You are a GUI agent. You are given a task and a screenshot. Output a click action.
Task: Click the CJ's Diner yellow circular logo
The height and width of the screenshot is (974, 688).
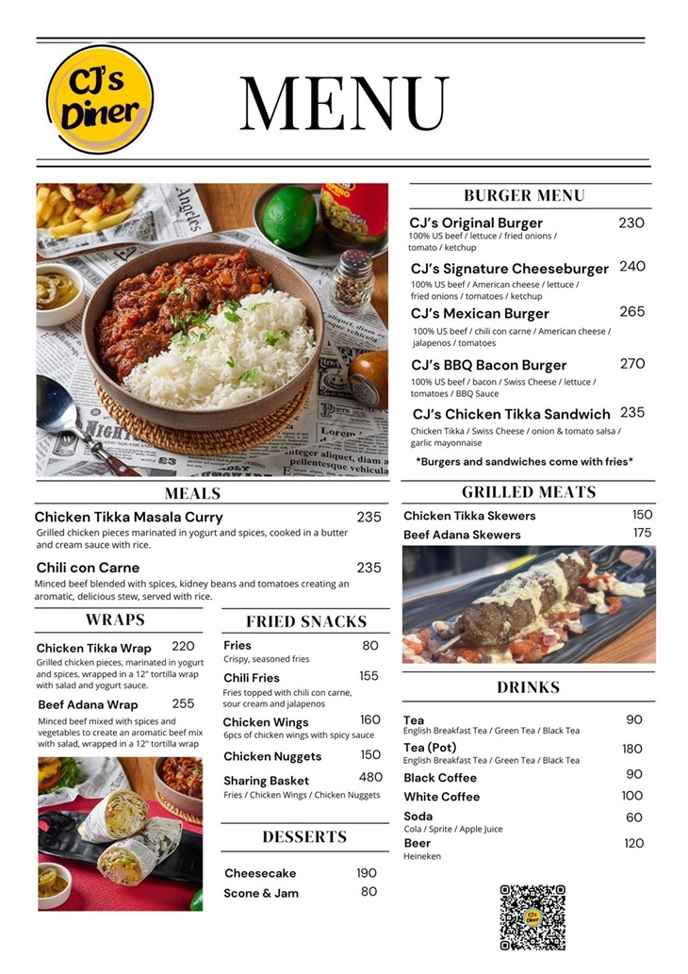[99, 100]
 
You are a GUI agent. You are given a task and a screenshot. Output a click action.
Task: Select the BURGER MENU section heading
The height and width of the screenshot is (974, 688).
[524, 195]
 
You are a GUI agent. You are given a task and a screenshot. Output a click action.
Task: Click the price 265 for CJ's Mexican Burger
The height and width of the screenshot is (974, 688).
[632, 312]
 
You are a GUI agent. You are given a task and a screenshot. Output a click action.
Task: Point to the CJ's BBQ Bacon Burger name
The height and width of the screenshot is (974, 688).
[488, 365]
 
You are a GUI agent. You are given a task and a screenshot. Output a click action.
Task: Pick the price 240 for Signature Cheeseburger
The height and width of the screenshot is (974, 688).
[632, 267]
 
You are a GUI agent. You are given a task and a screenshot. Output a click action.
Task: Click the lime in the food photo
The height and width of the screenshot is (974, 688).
[289, 216]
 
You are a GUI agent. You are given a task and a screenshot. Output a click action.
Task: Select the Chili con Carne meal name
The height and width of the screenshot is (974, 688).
[88, 568]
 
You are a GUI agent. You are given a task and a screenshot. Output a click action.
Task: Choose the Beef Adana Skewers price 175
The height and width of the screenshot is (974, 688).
[642, 534]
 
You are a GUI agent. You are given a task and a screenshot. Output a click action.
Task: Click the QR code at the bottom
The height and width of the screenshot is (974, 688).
[532, 916]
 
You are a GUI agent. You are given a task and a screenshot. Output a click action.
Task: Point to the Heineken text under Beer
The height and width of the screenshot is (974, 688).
[421, 856]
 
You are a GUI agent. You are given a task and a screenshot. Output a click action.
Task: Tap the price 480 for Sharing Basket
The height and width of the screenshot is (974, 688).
[370, 778]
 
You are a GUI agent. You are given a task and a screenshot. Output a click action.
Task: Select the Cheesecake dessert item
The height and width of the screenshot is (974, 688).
[260, 873]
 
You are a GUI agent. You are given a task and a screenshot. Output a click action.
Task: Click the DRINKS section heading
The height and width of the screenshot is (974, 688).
[528, 687]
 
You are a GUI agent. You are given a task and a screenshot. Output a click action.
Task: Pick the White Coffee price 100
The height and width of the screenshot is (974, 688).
[631, 796]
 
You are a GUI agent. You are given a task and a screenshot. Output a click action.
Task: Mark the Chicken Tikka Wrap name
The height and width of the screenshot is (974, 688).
[93, 648]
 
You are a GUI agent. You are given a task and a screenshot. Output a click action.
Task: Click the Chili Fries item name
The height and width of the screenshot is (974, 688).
[251, 677]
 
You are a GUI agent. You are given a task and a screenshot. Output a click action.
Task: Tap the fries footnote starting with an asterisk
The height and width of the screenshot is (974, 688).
[524, 461]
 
